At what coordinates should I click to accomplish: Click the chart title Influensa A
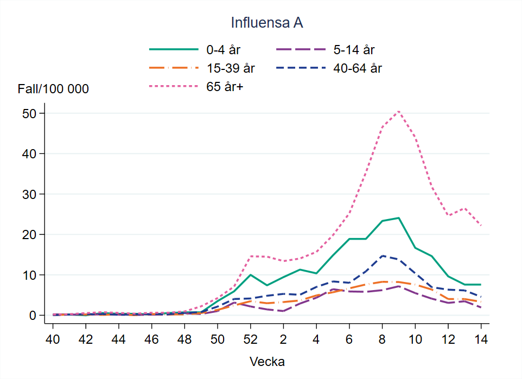pos(266,23)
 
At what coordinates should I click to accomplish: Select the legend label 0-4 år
pos(223,50)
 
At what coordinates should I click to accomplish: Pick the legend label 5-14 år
pos(354,50)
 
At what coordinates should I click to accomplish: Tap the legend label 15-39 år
pos(230,68)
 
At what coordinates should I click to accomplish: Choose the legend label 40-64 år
pos(359,68)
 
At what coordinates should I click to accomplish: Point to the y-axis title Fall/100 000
pos(53,89)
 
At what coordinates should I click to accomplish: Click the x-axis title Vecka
pos(267,361)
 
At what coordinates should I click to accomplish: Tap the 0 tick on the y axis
pos(33,315)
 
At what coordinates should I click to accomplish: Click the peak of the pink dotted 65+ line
pos(398,111)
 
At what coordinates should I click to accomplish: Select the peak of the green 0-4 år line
pos(398,218)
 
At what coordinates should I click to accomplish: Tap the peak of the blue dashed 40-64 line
pos(382,255)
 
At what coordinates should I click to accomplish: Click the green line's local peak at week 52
pos(250,275)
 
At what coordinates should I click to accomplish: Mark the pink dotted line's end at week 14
pos(481,226)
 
